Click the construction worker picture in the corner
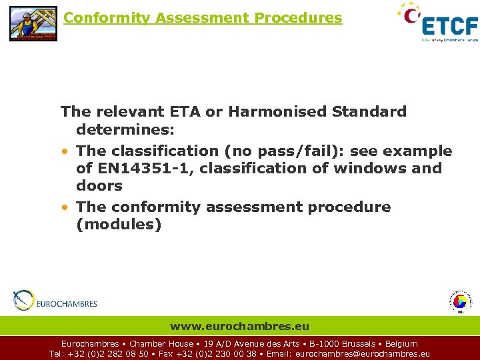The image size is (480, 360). tap(33, 23)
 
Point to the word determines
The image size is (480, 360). tap(126, 129)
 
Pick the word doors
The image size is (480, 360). tap(99, 186)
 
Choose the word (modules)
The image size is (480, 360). tap(119, 225)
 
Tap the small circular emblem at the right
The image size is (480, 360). tap(459, 302)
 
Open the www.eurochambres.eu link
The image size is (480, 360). tap(240, 326)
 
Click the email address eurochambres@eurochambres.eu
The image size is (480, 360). tap(363, 354)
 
